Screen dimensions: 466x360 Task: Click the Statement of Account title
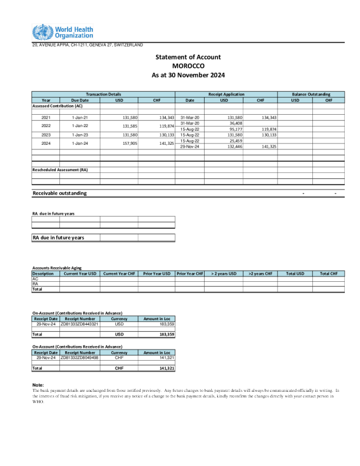pos(188,56)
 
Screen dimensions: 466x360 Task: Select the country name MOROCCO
pos(188,66)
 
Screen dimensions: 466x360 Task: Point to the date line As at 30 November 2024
pos(188,75)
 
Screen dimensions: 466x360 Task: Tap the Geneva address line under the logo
pos(87,45)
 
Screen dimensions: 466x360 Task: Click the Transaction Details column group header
pos(104,94)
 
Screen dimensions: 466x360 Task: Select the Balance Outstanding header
pos(311,94)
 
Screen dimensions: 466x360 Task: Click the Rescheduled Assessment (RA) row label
pos(60,169)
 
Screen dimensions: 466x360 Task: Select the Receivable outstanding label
pos(59,193)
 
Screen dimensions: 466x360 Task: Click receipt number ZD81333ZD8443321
pos(79,324)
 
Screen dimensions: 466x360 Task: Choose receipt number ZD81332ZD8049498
pos(79,357)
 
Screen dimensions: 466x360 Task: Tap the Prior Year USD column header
pos(156,274)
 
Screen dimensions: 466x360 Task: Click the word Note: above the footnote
pos(38,385)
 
